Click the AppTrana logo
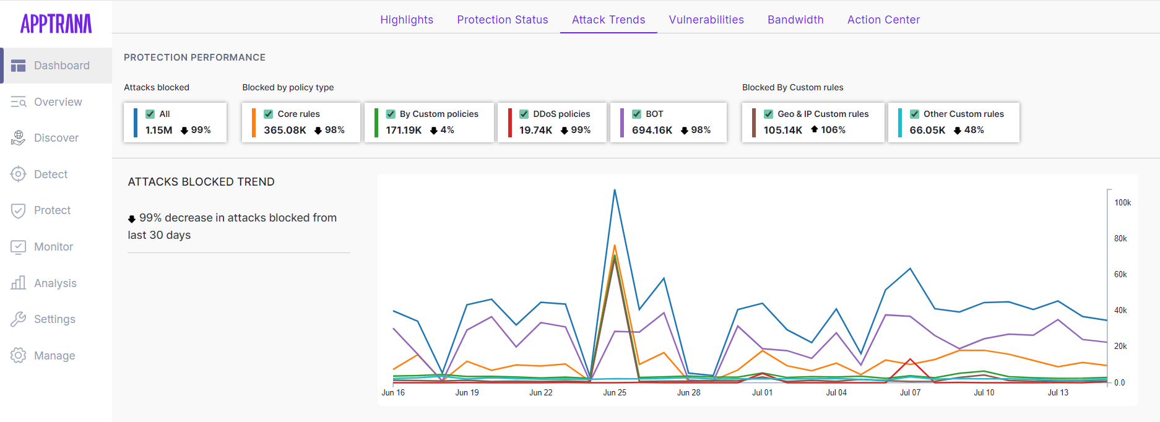(56, 24)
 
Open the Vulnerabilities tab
(706, 20)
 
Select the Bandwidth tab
(795, 20)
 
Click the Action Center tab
(883, 20)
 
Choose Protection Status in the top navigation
(502, 20)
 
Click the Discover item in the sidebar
(56, 138)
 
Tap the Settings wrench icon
(19, 319)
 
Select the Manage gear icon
(19, 356)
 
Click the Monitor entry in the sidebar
(53, 247)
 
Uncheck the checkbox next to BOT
(636, 114)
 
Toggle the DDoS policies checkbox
(524, 114)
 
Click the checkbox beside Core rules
(268, 114)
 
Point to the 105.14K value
(782, 130)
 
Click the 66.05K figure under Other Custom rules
(927, 130)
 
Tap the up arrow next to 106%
(815, 129)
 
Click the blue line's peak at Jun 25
(615, 190)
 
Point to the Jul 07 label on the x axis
(910, 392)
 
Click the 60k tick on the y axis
(1120, 274)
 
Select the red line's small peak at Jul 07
(910, 359)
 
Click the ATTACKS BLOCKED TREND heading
(201, 182)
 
